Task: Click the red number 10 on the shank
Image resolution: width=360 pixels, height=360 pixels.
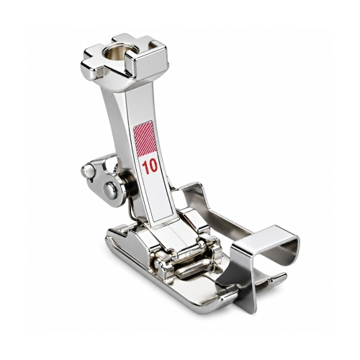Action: (149, 166)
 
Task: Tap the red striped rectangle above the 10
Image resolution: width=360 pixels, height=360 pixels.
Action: (144, 137)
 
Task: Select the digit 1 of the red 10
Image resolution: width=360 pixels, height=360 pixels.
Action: (145, 167)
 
